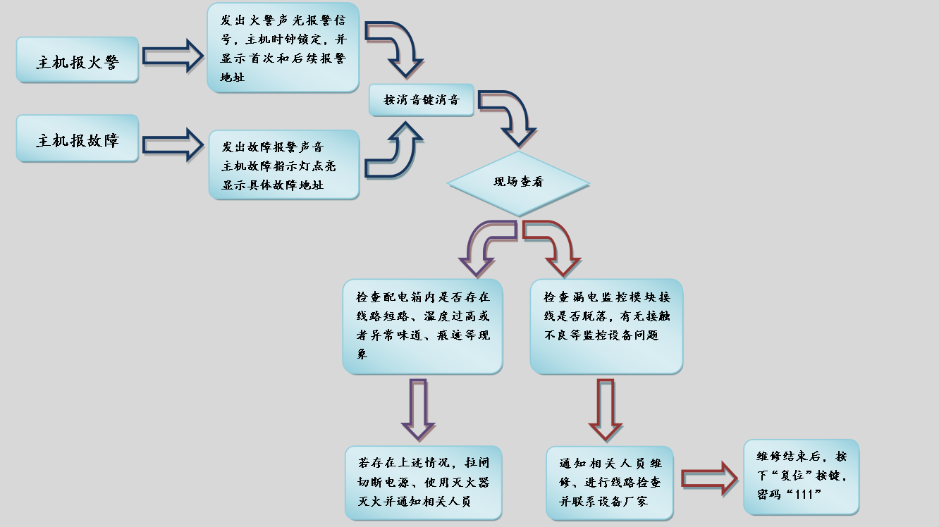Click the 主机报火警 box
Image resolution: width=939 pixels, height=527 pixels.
78,61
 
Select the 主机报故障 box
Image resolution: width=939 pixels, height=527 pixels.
78,139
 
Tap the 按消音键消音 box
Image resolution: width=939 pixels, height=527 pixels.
421,99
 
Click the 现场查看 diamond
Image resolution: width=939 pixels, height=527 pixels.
518,182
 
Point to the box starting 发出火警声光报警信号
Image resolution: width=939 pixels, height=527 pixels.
283,48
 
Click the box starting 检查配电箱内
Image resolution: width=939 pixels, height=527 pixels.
422,326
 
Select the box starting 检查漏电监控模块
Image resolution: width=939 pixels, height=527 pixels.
606,326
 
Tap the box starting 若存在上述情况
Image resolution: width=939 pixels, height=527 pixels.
424,483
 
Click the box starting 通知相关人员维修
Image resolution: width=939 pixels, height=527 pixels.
610,483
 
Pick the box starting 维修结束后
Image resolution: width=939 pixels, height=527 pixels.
801,476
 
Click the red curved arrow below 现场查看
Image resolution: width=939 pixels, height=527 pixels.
555,247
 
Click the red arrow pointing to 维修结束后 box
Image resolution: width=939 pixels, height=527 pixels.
708,478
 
